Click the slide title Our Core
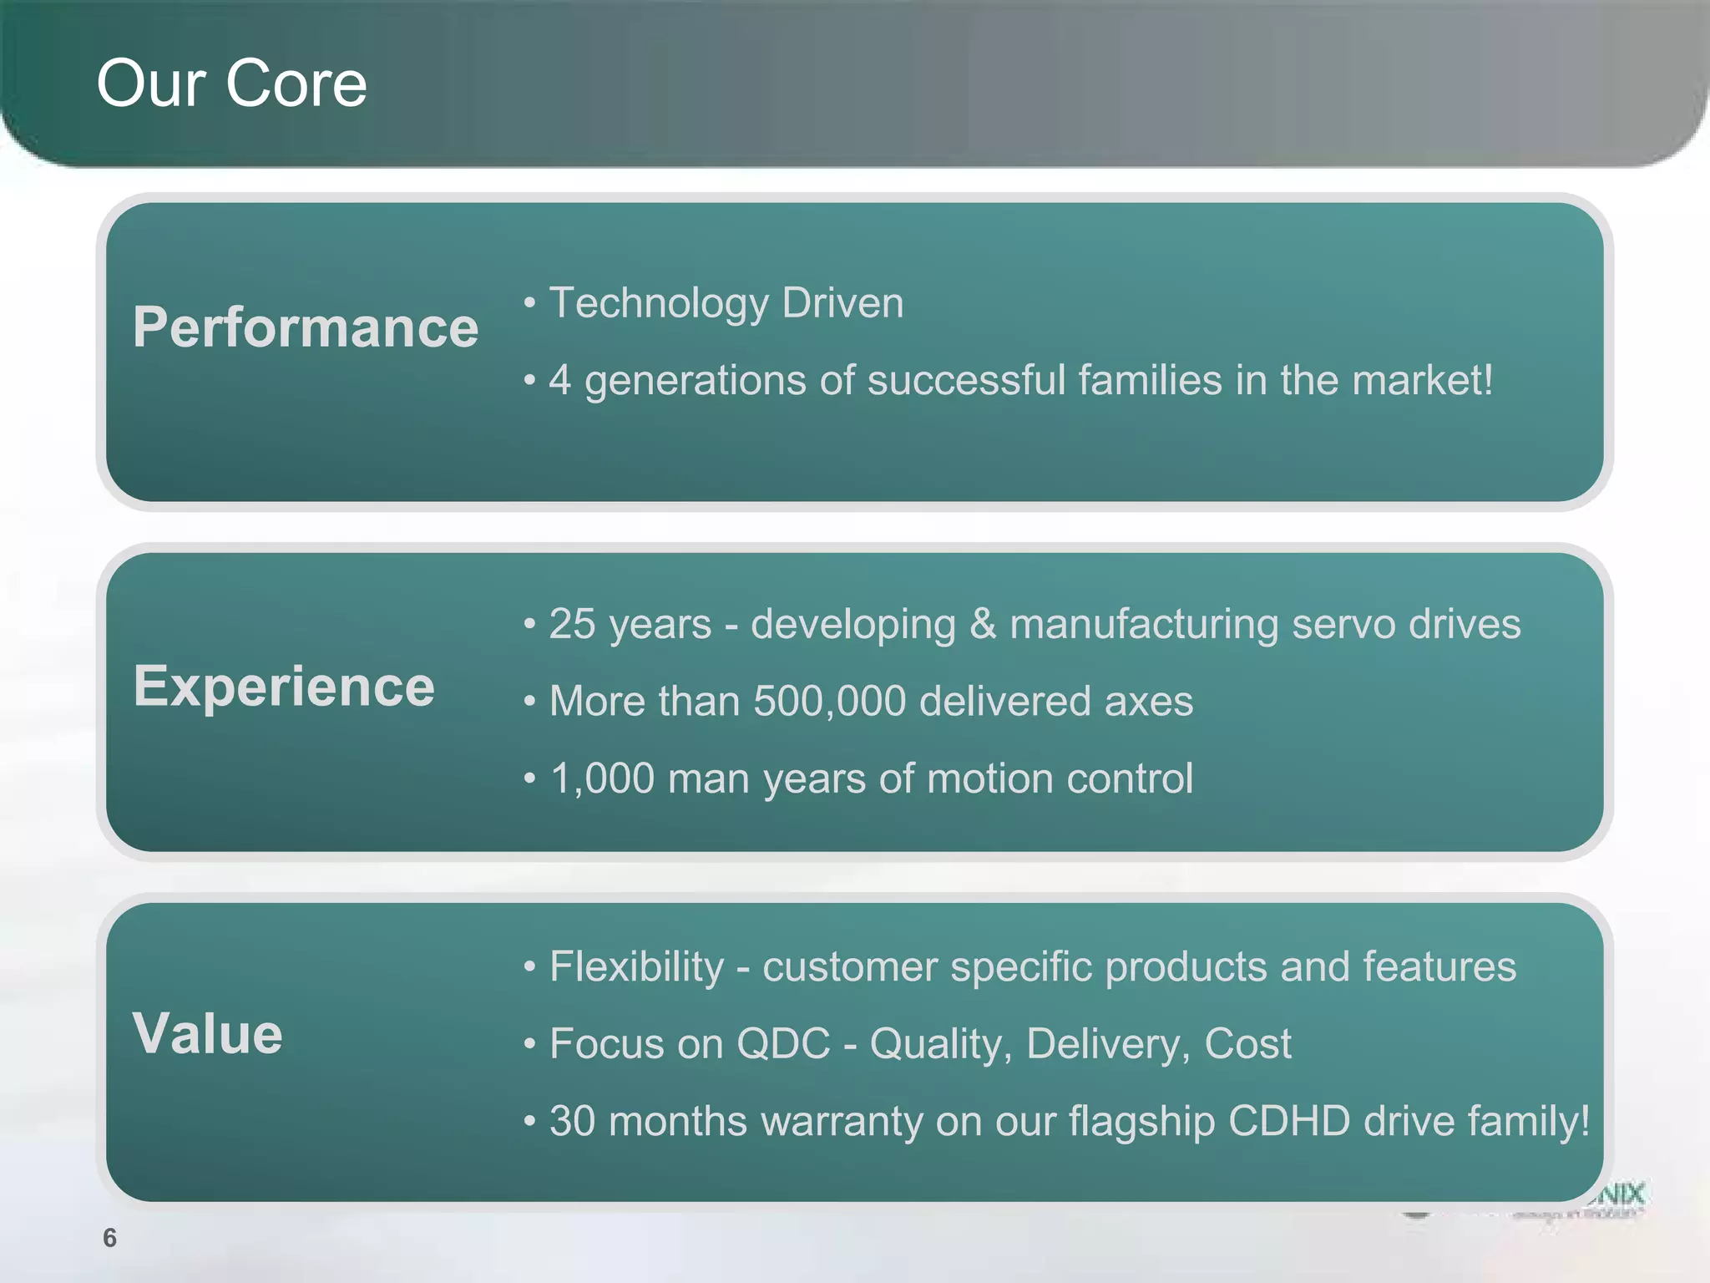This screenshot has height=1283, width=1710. tap(231, 84)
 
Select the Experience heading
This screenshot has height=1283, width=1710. tap(284, 687)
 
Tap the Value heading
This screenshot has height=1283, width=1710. tap(208, 1034)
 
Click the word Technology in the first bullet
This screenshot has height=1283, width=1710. tap(658, 303)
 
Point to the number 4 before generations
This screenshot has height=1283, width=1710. tap(559, 381)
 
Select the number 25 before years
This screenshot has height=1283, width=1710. tap(572, 625)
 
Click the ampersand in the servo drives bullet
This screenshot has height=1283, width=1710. tap(983, 625)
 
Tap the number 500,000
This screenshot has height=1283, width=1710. tap(829, 702)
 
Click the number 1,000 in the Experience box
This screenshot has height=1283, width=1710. tap(602, 779)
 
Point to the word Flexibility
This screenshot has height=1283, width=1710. tap(636, 967)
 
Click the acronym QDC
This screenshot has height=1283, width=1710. tap(783, 1044)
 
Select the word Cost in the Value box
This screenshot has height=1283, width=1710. tap(1247, 1044)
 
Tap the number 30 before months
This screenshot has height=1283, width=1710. tap(572, 1122)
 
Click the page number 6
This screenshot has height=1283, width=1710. tap(109, 1238)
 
